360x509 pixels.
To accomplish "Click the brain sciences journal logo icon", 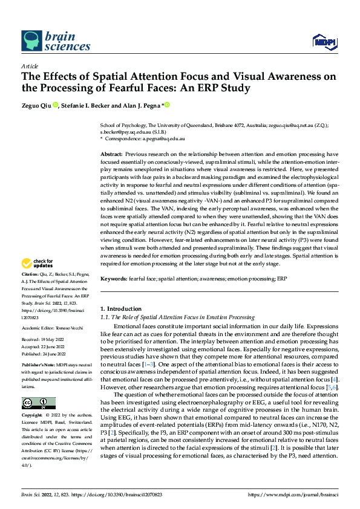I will (32, 41).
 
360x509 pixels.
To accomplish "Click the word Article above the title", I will (30, 66).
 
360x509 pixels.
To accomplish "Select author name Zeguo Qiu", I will (37, 105).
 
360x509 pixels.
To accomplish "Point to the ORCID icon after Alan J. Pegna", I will (166, 105).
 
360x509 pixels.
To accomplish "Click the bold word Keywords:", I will (115, 280).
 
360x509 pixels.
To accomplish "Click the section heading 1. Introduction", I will (120, 309).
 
